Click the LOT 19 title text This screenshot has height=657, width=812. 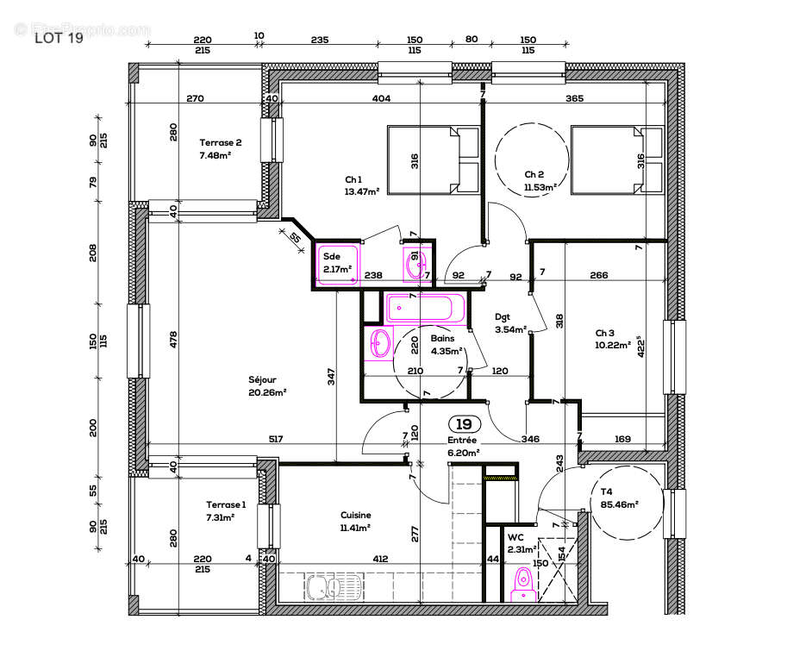59,37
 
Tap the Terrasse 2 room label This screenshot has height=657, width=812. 221,149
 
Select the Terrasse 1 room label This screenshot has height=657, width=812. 226,510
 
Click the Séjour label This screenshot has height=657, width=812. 266,385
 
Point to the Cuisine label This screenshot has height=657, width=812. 355,521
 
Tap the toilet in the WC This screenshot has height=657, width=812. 522,584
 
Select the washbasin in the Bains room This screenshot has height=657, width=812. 380,344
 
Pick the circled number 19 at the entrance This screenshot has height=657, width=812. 464,424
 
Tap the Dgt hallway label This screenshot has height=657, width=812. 510,322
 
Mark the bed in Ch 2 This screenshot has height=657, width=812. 616,160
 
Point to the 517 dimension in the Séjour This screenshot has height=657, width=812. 275,440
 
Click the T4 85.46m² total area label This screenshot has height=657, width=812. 619,497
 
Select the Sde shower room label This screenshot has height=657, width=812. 337,262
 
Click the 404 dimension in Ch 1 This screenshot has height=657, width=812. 381,99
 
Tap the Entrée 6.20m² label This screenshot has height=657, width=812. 463,445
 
